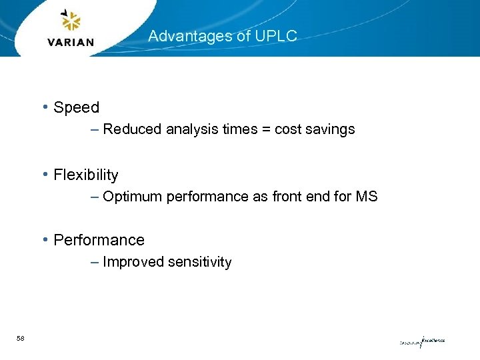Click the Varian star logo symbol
pyautogui.click(x=70, y=21)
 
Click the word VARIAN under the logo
pyautogui.click(x=71, y=42)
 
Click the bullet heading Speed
pyautogui.click(x=76, y=107)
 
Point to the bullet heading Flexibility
pyautogui.click(x=85, y=175)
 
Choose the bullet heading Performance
pyautogui.click(x=99, y=240)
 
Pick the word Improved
pyautogui.click(x=133, y=262)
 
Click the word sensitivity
pyautogui.click(x=199, y=262)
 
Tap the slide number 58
pyautogui.click(x=21, y=339)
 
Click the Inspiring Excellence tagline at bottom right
pyautogui.click(x=422, y=341)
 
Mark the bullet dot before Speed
pyautogui.click(x=44, y=107)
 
